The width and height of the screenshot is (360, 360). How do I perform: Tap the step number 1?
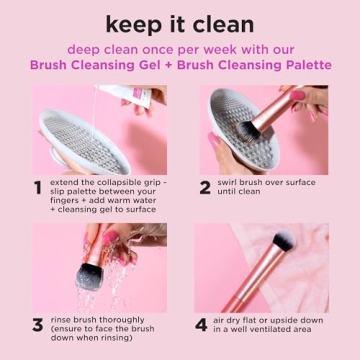click(x=37, y=187)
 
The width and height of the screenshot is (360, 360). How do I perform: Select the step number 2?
click(x=204, y=187)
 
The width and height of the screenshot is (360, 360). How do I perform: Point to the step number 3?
click(x=37, y=325)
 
